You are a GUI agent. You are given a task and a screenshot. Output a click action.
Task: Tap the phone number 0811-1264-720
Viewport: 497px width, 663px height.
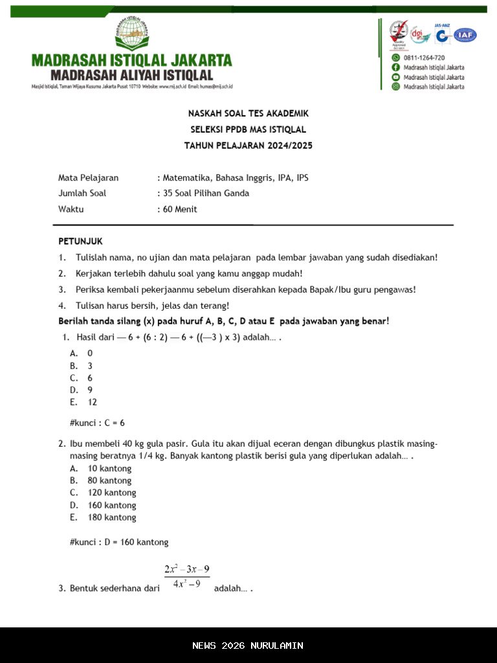point(424,58)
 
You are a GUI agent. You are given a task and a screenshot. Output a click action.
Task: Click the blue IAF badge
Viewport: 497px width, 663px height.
point(465,36)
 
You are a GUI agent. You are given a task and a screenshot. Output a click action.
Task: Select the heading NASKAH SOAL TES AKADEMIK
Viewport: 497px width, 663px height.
point(248,113)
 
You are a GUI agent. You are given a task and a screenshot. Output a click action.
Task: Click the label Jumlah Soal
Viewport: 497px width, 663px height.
point(82,193)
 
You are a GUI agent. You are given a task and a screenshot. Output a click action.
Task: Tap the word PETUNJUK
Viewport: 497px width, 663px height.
point(80,242)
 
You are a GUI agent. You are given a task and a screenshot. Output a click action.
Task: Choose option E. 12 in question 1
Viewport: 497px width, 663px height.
point(84,402)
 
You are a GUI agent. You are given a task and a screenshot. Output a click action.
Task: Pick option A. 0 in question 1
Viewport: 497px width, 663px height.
point(82,353)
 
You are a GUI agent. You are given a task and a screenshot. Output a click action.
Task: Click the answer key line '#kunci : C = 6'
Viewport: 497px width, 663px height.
point(97,423)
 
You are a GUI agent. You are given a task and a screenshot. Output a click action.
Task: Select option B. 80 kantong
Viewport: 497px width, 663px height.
point(101,480)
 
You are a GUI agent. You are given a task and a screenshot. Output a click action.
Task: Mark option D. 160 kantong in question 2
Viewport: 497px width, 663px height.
point(103,505)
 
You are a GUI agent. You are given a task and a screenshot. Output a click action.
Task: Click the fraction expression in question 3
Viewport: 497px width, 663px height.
point(187,576)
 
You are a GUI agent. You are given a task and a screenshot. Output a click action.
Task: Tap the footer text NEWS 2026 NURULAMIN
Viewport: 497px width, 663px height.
point(248,646)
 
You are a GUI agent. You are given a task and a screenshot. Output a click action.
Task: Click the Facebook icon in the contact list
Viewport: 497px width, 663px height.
point(395,67)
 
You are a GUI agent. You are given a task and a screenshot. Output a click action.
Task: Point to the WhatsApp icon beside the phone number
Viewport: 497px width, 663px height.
point(395,58)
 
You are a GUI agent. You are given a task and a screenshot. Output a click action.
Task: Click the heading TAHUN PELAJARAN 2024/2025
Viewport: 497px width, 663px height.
point(248,146)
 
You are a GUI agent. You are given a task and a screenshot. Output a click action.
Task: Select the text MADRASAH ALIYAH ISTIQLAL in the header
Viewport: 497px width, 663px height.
point(132,75)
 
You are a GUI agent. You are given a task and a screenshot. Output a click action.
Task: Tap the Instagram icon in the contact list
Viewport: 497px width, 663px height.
point(395,86)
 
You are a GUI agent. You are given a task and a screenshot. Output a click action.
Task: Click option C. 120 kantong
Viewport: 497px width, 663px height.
point(103,493)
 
